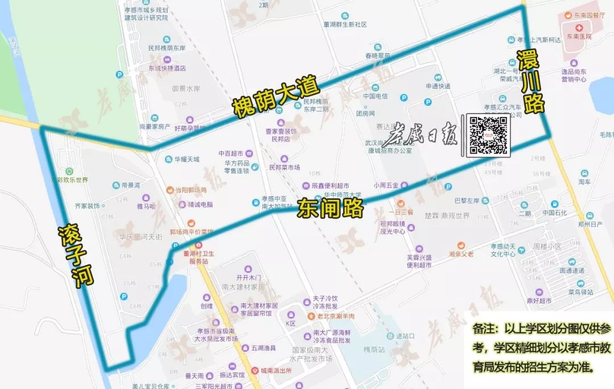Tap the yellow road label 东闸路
[330, 208]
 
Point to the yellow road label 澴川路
[531, 82]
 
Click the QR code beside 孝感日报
[488, 135]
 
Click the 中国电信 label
[375, 96]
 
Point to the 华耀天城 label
[187, 160]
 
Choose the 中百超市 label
[230, 153]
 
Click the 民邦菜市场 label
[284, 168]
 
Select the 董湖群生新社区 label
[345, 24]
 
